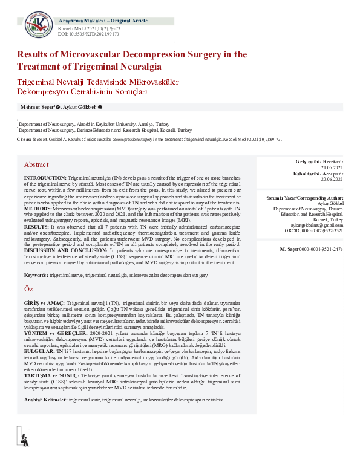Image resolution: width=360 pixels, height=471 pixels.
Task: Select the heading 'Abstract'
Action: click(36, 164)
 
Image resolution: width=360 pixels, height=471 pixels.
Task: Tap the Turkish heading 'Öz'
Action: click(28, 290)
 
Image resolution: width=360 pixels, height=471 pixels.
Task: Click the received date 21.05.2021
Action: click(332, 167)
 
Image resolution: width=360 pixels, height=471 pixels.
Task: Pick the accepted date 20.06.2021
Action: click(332, 179)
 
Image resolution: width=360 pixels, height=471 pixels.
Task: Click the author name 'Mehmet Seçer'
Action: click(37, 106)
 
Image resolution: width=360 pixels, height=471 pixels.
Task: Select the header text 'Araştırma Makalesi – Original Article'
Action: click(99, 21)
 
